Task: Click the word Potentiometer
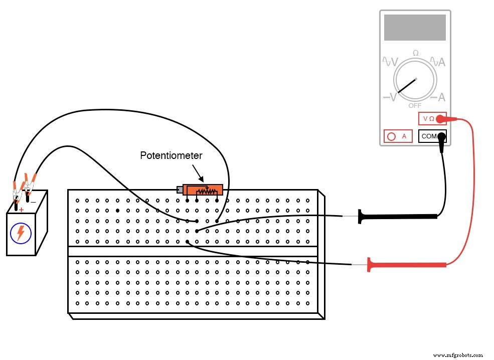(x=171, y=156)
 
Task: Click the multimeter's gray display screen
(x=415, y=28)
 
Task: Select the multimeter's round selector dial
(x=415, y=81)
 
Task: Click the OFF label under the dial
(x=415, y=106)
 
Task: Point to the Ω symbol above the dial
(x=415, y=53)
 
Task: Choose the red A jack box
(x=398, y=136)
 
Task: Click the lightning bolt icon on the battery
(x=21, y=233)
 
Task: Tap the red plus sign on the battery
(x=21, y=210)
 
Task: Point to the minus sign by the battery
(x=33, y=202)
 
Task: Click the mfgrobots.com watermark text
(x=457, y=354)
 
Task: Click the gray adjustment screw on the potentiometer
(x=180, y=190)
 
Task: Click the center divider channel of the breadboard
(x=193, y=251)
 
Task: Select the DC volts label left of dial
(x=390, y=97)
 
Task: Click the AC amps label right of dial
(x=438, y=62)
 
